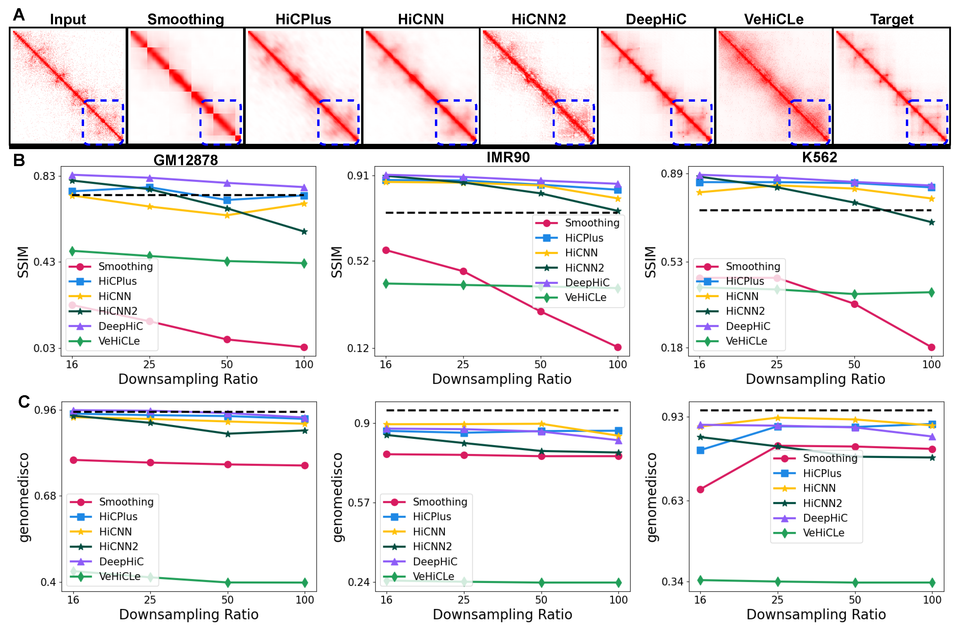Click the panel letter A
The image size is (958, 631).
click(19, 15)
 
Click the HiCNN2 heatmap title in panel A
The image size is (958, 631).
click(539, 19)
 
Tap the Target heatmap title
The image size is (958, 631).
click(892, 19)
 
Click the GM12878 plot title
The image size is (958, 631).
click(186, 160)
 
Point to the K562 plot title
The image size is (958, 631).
click(819, 157)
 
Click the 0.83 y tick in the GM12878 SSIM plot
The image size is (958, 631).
click(44, 176)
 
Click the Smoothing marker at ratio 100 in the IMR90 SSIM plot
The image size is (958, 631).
click(617, 347)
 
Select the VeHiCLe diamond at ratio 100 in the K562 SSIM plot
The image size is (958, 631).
click(931, 292)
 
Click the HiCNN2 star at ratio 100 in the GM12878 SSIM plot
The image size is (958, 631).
click(304, 231)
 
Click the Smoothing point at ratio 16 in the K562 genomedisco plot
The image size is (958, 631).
click(700, 489)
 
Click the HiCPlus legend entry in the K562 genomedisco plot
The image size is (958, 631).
click(822, 473)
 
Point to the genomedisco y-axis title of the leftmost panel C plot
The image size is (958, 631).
click(24, 497)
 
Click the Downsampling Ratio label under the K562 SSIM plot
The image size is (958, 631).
click(815, 379)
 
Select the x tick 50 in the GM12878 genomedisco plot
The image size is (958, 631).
click(228, 600)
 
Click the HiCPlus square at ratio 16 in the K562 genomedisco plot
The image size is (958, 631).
click(700, 450)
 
